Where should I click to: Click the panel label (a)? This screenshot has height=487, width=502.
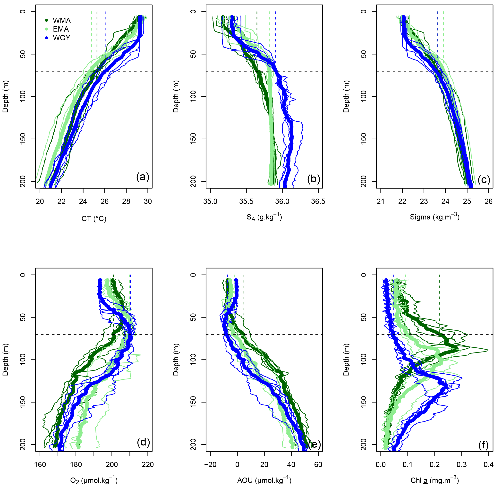(143, 177)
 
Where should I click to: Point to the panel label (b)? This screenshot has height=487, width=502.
(314, 179)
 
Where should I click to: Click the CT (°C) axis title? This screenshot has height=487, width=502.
(94, 219)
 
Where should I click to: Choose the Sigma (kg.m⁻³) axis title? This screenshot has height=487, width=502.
(434, 217)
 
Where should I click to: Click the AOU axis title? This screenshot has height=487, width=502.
(264, 480)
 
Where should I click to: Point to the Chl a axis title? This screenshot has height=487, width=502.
(434, 480)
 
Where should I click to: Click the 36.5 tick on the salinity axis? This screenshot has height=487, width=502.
(318, 202)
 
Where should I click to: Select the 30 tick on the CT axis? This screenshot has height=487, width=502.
(148, 202)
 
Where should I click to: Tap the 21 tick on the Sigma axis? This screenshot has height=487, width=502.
(381, 202)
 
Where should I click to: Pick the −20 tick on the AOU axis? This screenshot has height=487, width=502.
(210, 465)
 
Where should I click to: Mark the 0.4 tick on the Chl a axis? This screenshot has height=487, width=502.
(488, 465)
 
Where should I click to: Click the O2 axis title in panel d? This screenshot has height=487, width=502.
(94, 480)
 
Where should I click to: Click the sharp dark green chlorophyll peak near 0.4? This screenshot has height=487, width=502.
(487, 350)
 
